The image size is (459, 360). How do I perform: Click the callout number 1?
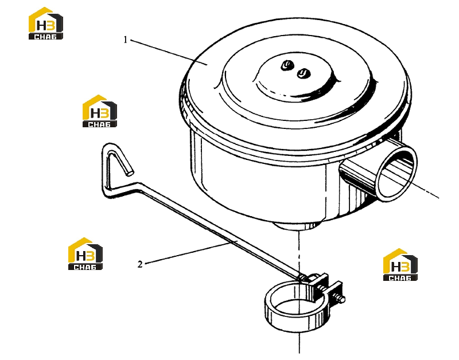click(125, 40)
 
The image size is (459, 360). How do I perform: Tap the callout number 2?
click(140, 264)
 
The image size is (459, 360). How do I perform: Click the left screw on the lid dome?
click(286, 65)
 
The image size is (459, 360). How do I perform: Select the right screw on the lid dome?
click(303, 73)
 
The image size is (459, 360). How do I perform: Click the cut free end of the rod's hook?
click(129, 173)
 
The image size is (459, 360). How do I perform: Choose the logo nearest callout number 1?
click(46, 24)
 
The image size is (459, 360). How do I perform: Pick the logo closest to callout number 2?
click(85, 253)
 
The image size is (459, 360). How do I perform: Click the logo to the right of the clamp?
click(400, 265)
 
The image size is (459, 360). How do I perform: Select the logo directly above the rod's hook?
click(99, 111)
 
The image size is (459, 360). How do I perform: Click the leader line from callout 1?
click(169, 52)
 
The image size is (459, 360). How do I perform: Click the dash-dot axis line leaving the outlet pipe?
click(425, 190)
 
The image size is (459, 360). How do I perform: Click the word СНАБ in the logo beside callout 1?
click(45, 37)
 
